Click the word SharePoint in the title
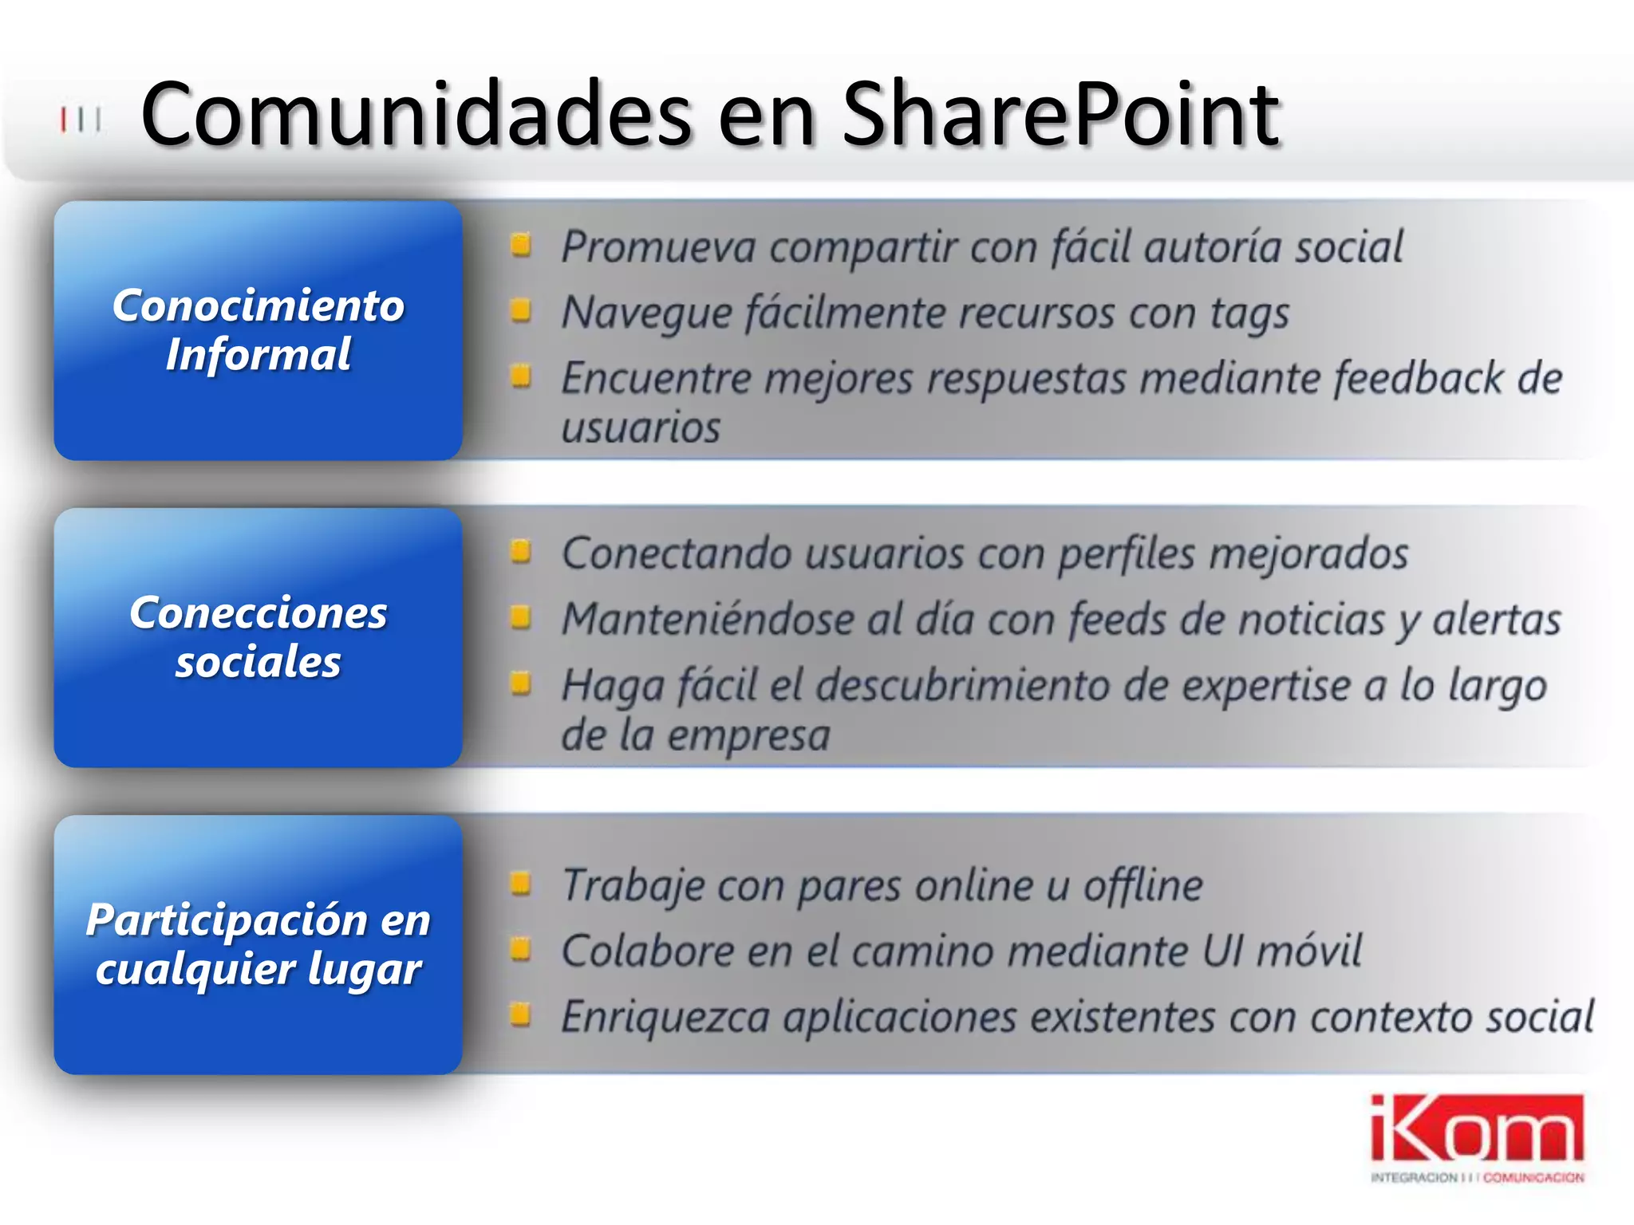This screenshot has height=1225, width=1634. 1061,116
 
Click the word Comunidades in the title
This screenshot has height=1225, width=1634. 416,116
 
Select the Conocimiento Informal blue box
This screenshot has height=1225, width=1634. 258,330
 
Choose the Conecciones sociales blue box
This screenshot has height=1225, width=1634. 258,637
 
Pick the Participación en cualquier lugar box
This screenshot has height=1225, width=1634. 258,944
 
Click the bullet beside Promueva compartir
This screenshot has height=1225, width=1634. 521,245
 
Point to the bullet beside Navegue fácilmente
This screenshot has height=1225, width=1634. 521,310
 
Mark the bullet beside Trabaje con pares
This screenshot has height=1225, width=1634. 521,883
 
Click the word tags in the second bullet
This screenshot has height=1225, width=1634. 1249,313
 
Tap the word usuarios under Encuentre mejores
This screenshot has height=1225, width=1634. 641,428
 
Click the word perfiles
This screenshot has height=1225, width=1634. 1127,554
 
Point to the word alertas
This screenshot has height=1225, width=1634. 1497,620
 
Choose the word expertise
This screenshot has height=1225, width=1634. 1265,687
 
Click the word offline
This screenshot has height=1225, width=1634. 1143,886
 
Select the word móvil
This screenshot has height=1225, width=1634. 1308,951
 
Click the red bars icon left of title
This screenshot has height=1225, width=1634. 81,120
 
